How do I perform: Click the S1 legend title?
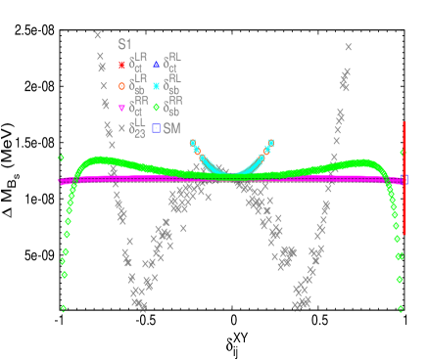tap(124, 45)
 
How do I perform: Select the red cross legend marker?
tap(121, 66)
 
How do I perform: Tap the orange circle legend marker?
tap(121, 86)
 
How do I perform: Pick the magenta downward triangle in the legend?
tap(121, 108)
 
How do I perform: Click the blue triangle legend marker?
tap(156, 66)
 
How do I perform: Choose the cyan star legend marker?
tap(156, 86)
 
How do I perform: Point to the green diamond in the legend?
tap(156, 108)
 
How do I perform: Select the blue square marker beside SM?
tap(156, 128)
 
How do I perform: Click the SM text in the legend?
tap(171, 128)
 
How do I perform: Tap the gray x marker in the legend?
tap(121, 128)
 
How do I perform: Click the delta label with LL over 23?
tap(138, 129)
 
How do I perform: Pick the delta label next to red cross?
tap(138, 65)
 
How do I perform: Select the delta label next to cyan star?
tap(172, 85)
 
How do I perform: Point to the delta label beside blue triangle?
tap(172, 65)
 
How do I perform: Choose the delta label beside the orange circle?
tap(138, 85)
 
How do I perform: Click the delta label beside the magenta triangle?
tap(138, 107)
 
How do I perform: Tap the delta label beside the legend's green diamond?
tap(172, 107)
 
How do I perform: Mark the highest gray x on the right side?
tap(348, 46)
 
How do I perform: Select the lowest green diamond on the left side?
tap(64, 308)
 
